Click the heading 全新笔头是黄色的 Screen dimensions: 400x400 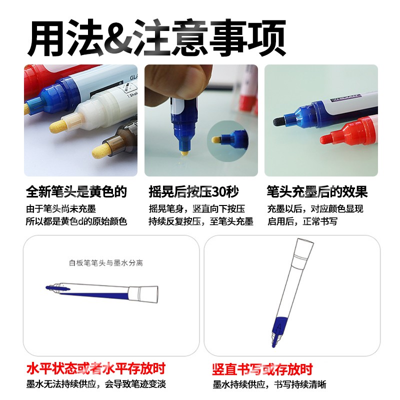76,191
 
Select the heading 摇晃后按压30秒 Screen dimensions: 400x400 193,191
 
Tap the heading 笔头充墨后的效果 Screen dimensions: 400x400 317,191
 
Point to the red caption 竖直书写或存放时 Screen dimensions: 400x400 262,370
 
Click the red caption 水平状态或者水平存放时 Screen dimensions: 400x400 95,370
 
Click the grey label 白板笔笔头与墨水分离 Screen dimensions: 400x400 106,262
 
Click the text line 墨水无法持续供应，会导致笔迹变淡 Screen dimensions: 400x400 96,384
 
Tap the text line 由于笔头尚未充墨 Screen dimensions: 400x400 60,208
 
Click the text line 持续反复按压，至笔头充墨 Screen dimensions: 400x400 201,221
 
